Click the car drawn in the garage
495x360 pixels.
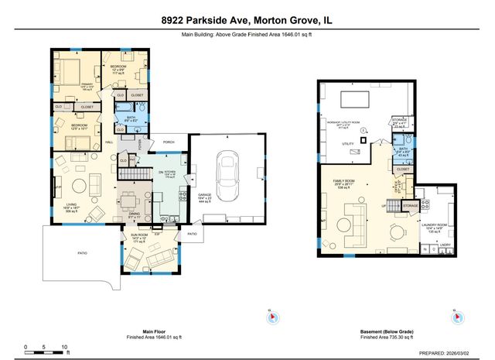(227, 174)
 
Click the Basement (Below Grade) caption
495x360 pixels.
(386, 333)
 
